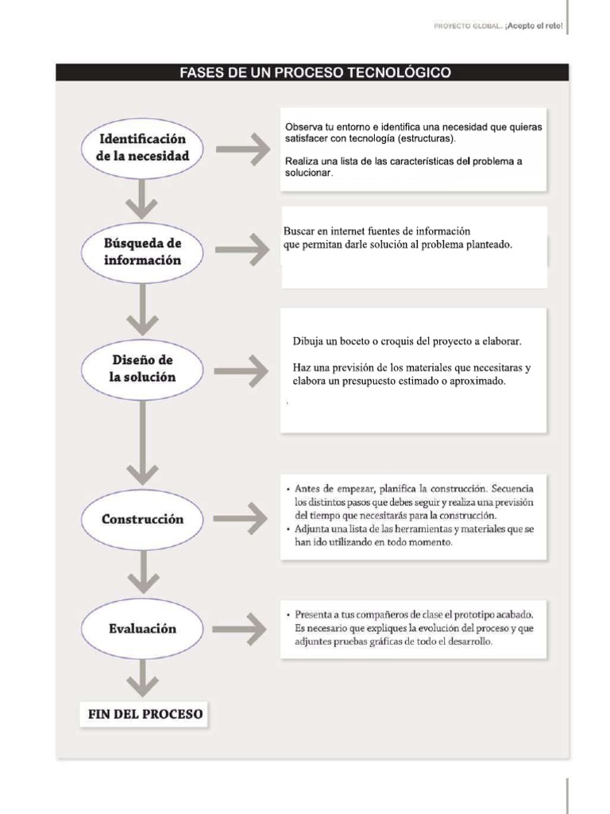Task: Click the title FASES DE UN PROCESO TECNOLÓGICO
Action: pos(316,73)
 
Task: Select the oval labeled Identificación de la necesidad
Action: pos(143,148)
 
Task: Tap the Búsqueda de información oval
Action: pos(143,251)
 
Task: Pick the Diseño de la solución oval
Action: pos(143,369)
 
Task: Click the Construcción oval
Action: pos(143,519)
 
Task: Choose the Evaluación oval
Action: pos(143,628)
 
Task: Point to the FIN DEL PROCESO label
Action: pos(145,714)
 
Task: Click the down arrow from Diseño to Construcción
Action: pos(142,441)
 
